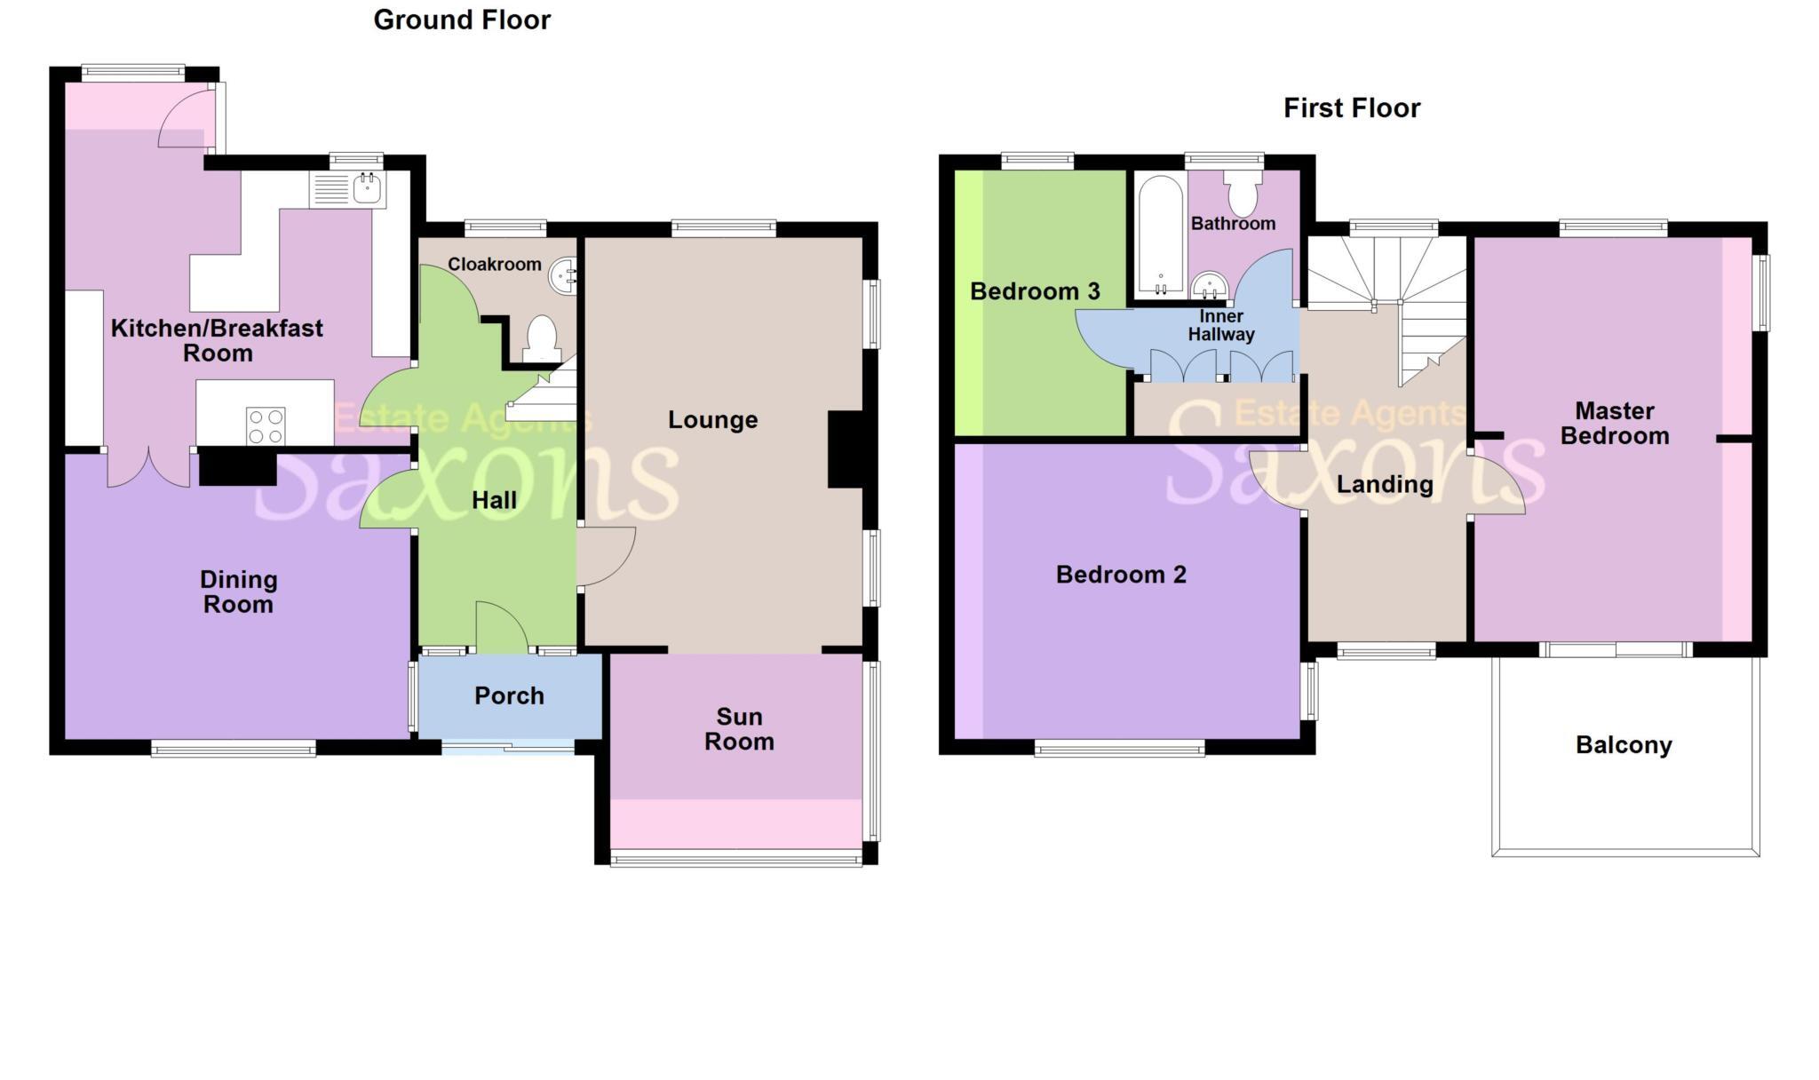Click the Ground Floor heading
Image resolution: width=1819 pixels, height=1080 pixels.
click(x=462, y=20)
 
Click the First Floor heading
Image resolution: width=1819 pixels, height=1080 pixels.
click(x=1351, y=108)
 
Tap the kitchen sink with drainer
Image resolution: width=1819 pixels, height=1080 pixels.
click(x=348, y=189)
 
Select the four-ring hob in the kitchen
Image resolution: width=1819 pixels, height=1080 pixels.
click(x=266, y=425)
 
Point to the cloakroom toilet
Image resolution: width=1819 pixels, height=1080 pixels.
click(x=542, y=338)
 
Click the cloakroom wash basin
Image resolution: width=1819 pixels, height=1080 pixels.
click(x=563, y=274)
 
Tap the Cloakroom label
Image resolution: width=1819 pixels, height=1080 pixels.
click(x=494, y=264)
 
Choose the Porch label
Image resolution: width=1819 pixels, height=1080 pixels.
click(x=509, y=695)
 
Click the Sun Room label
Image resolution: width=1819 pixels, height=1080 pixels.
click(x=739, y=729)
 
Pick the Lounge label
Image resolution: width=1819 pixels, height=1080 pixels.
click(x=712, y=419)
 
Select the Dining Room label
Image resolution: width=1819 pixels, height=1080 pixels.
click(x=238, y=592)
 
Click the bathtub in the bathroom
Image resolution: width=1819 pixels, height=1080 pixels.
click(x=1160, y=235)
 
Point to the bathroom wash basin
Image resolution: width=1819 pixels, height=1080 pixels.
click(x=1209, y=285)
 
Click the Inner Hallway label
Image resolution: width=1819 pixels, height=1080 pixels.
click(x=1221, y=325)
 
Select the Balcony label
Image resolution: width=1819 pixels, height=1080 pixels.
click(x=1624, y=744)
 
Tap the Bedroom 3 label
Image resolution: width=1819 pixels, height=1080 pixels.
click(x=1035, y=291)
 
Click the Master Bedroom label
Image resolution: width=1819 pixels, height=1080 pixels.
click(x=1615, y=423)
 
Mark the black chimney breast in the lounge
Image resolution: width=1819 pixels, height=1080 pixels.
click(x=846, y=449)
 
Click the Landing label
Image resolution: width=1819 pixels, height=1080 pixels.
click(x=1385, y=484)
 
